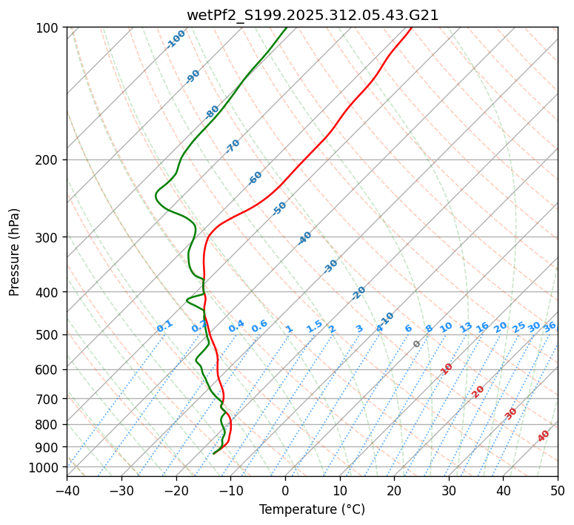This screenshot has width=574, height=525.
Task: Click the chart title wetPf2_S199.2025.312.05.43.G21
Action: [312, 15]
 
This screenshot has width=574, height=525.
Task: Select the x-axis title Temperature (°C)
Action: [312, 510]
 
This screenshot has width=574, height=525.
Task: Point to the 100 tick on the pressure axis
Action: [49, 28]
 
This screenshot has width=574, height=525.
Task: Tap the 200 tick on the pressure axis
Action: [49, 160]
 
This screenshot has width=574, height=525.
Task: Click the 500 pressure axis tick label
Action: [49, 335]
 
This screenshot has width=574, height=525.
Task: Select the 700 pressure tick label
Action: [49, 399]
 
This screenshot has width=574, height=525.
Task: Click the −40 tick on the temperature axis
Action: [67, 491]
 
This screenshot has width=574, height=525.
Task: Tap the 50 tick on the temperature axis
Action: [558, 491]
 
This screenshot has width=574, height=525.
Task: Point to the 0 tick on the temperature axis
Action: [285, 491]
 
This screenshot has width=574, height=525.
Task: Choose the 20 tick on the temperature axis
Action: [394, 491]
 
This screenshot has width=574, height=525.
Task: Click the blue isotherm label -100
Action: [176, 39]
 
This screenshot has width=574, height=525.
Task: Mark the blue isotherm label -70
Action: [233, 146]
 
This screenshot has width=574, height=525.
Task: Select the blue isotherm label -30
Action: [330, 266]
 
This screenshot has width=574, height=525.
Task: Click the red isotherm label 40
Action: [544, 436]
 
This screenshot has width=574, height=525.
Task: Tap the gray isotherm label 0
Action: [417, 344]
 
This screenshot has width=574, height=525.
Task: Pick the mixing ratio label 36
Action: [550, 326]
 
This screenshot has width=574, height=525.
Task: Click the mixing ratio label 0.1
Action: [164, 326]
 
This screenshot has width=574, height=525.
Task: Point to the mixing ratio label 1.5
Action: [314, 326]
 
